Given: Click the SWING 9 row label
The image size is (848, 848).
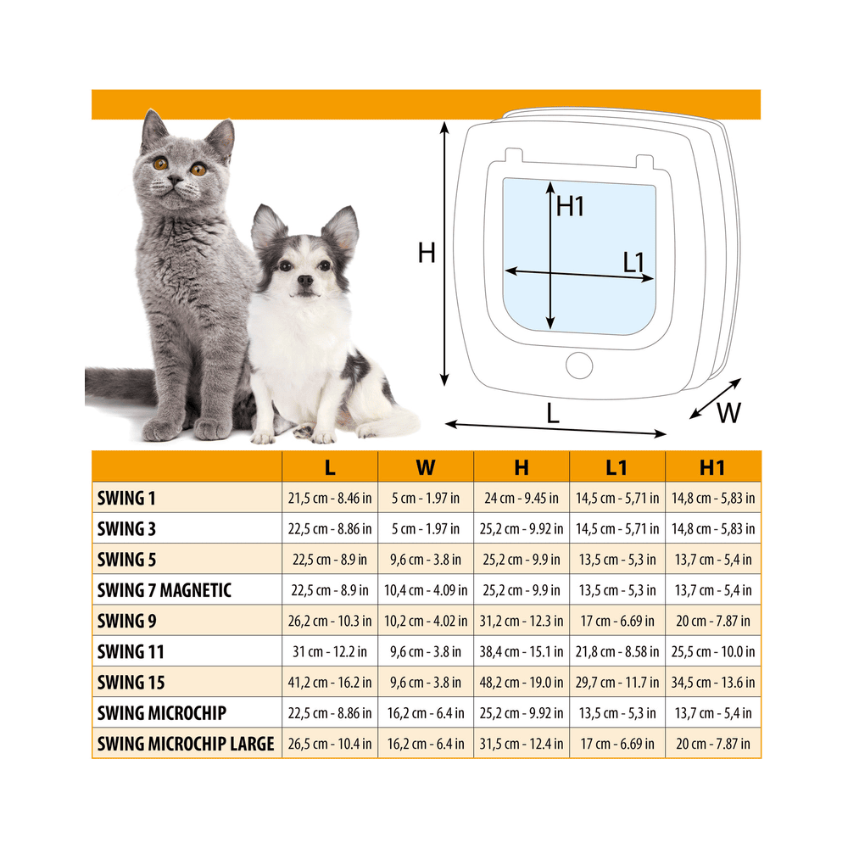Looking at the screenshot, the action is coord(126,621).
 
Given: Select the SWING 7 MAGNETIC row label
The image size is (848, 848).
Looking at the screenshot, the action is coord(165,590).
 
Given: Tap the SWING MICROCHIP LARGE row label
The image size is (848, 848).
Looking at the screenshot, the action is coord(186,744).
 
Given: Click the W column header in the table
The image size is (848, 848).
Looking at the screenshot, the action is coord(426,467).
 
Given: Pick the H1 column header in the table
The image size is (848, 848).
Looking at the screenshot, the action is coord(712,467).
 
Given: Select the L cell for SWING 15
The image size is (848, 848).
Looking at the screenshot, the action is coord(329,683).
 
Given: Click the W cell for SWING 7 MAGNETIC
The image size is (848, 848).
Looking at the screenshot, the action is coord(426,590).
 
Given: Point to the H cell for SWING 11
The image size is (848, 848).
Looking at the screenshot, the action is coord(522,651).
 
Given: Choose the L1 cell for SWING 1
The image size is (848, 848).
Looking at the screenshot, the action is coord(617,498).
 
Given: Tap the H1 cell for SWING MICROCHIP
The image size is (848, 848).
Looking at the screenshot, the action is coord(713,713).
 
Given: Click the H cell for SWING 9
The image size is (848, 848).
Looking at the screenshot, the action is coord(522,621).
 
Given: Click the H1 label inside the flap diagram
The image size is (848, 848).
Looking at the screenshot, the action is coord(571,207).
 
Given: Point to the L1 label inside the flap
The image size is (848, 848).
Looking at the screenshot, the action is coord(633,262).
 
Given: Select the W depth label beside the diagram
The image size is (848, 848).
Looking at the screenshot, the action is coord(728,413).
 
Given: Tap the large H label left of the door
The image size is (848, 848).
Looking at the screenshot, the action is coord(427,253).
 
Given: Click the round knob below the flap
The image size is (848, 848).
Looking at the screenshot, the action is coord(579,365).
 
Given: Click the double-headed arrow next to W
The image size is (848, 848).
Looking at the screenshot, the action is coord(715,399).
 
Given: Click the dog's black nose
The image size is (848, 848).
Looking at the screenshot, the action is coord(305,280).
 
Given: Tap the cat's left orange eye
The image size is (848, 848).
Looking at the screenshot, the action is coord(160,163).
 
